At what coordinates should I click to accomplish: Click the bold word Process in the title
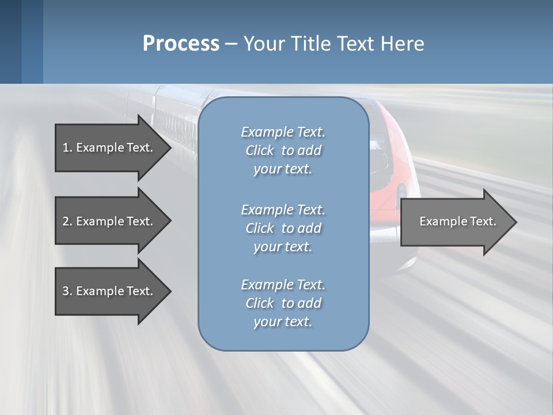(181, 44)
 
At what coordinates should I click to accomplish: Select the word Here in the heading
(402, 44)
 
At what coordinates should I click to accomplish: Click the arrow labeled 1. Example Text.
(113, 148)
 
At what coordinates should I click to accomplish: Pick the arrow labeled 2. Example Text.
(113, 221)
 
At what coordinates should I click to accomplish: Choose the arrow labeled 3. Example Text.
(113, 292)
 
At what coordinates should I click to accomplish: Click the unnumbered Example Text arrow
(459, 222)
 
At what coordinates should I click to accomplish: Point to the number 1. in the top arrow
(67, 148)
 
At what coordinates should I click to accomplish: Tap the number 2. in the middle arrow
(67, 221)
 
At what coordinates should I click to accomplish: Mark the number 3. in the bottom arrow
(67, 291)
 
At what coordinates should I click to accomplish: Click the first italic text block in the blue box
(283, 150)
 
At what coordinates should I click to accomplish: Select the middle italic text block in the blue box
(283, 228)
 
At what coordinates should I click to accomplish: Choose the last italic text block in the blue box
(283, 303)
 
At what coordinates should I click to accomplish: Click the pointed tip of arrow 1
(172, 148)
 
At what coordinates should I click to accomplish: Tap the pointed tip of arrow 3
(172, 292)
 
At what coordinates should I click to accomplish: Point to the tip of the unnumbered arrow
(517, 222)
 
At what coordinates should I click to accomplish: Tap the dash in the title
(232, 44)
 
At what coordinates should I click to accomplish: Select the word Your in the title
(264, 44)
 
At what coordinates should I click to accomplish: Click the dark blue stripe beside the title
(10, 41)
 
